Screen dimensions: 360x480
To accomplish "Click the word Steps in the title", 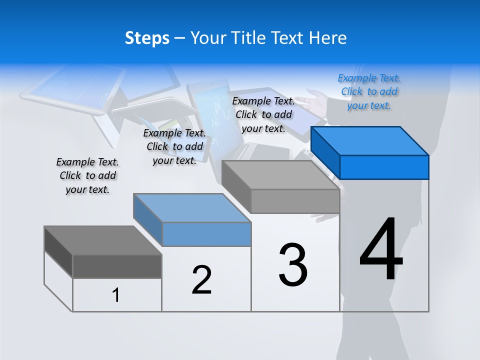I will click(x=147, y=38).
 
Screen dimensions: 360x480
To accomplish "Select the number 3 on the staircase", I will click(x=293, y=264).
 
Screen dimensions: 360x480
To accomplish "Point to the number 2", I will click(x=201, y=279).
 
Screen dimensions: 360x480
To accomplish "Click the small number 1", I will click(x=116, y=295).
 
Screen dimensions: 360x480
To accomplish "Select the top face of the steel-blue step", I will click(x=192, y=208).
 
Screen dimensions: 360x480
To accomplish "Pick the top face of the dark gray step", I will click(x=103, y=240).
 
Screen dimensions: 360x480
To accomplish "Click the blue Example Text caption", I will click(x=369, y=92).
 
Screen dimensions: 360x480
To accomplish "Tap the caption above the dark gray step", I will click(x=87, y=175).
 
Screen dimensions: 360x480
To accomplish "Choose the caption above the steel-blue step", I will click(x=174, y=146).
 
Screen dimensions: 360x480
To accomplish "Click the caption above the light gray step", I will click(x=263, y=114).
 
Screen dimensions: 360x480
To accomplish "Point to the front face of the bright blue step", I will click(x=384, y=167).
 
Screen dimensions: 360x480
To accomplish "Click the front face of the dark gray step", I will click(x=117, y=266).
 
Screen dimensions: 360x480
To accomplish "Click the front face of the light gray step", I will click(x=295, y=201).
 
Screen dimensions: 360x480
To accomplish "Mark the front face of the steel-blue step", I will click(x=206, y=234).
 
